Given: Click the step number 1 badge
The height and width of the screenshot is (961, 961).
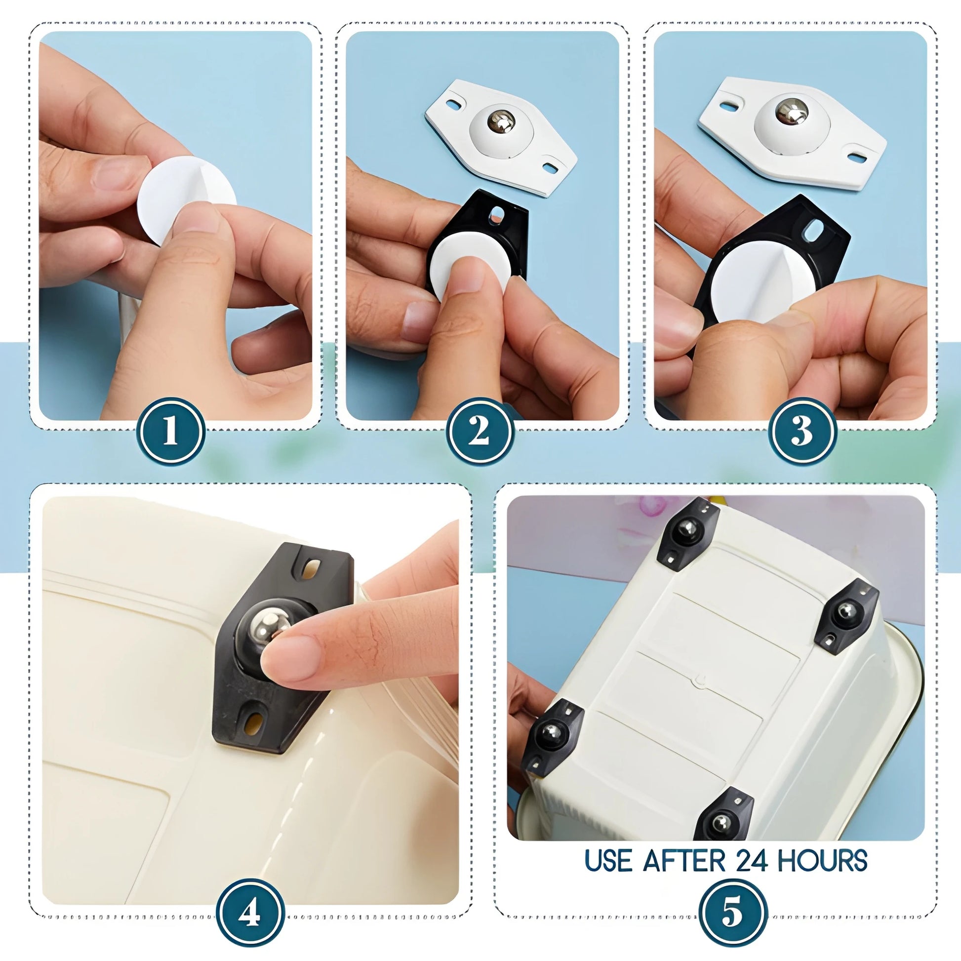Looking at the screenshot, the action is [170, 431].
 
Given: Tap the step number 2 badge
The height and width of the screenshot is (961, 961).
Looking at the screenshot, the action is [479, 431].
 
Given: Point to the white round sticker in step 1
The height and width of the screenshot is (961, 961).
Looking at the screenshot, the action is [187, 200].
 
